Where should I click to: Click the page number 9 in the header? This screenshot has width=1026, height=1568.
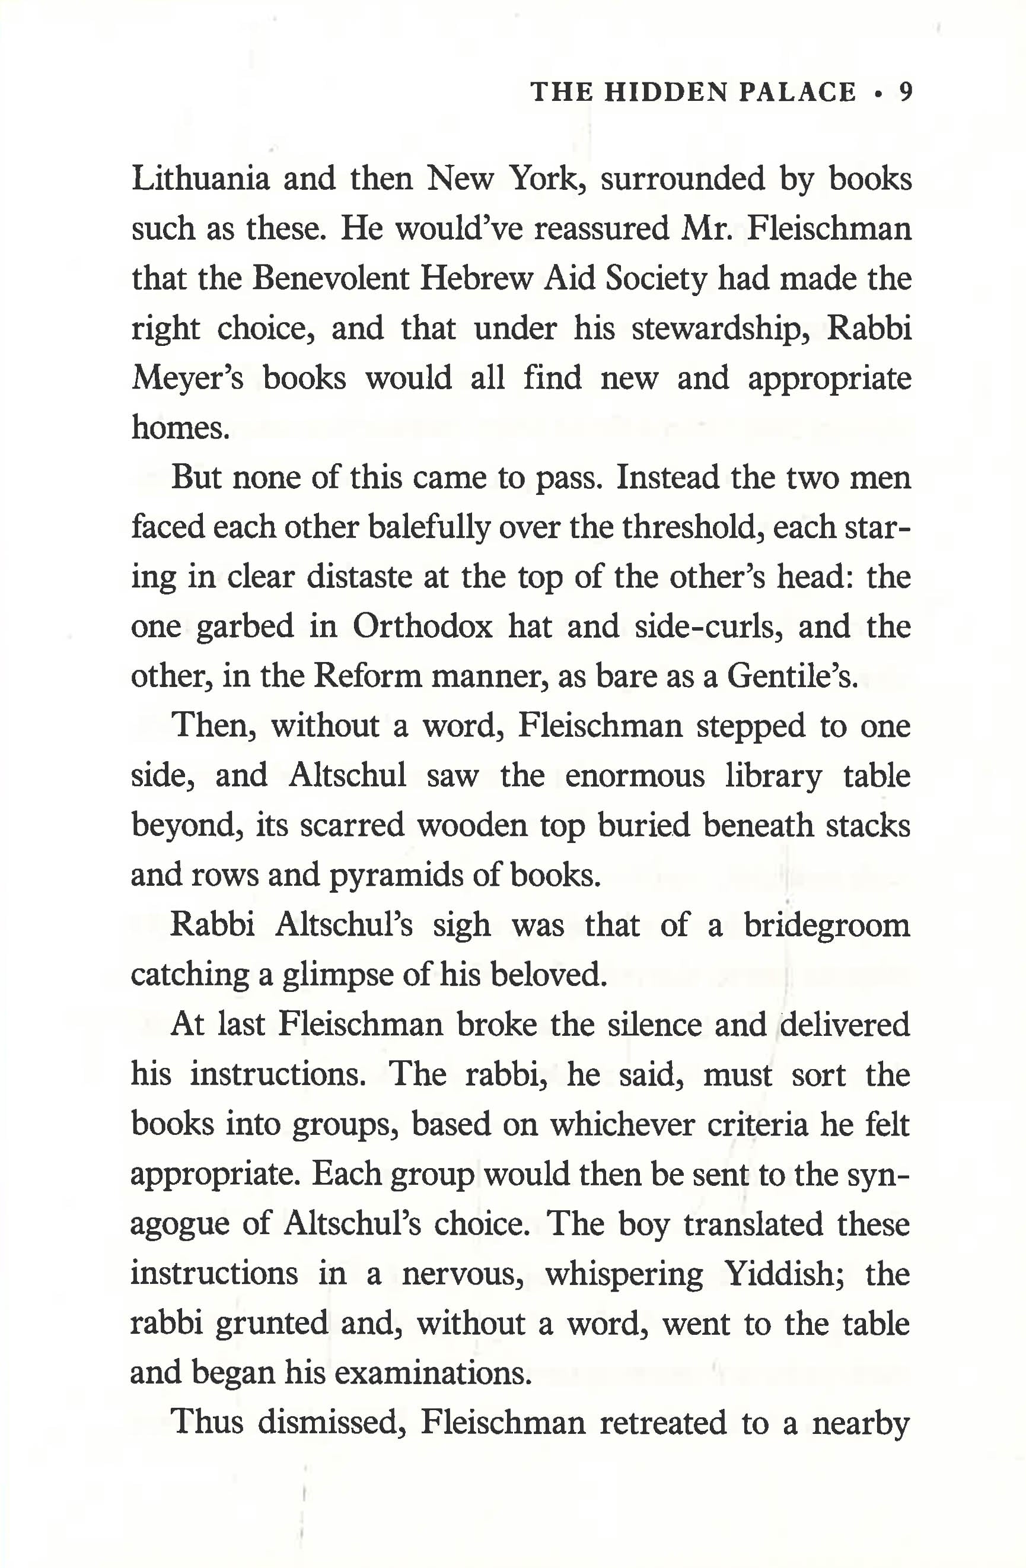(x=906, y=92)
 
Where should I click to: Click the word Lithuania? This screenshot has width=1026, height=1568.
(x=201, y=179)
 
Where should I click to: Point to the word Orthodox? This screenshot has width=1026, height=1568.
(x=422, y=626)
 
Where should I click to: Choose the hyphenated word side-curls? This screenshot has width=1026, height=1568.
(x=709, y=626)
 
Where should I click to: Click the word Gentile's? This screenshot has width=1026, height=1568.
(x=792, y=676)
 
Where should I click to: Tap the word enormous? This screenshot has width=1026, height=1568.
(x=635, y=776)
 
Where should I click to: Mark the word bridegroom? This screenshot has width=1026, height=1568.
(x=827, y=925)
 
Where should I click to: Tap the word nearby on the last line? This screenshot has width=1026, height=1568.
(x=861, y=1423)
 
